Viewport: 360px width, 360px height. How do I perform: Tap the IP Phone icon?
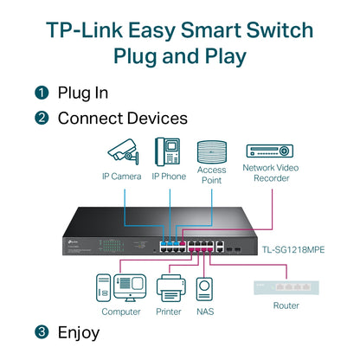168,151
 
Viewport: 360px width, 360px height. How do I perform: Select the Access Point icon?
211,151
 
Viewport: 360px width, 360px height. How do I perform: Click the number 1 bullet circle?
42,92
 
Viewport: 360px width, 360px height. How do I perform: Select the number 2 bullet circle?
42,118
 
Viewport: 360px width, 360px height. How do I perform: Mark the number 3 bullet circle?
42,332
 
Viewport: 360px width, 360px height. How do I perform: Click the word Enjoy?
79,332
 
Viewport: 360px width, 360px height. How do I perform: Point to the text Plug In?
84,92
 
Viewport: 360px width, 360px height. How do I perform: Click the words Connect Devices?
122,118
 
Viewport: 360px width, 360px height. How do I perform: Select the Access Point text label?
211,176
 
